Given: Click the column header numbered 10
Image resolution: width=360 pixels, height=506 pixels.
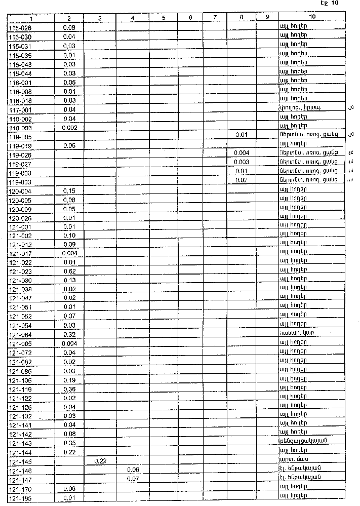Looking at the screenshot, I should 312,18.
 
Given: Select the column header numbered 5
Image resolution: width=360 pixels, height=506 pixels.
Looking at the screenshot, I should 164,18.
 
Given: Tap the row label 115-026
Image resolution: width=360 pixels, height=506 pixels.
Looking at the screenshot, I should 20,28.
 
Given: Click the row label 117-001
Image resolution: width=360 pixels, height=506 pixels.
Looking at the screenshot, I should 20,109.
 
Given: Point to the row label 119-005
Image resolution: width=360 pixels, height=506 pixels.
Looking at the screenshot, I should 20,137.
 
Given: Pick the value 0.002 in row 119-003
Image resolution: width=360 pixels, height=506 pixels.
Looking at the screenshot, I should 69,128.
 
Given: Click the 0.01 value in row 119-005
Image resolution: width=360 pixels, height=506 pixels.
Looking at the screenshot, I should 242,135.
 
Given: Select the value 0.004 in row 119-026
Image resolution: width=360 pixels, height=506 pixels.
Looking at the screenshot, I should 242,153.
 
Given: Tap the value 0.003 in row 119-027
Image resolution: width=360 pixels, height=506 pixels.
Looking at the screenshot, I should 242,162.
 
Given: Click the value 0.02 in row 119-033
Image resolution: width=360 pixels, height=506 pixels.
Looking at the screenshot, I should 242,180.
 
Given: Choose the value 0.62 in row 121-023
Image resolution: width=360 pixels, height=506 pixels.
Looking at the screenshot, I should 69,271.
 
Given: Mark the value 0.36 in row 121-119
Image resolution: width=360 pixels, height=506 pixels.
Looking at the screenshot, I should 69,389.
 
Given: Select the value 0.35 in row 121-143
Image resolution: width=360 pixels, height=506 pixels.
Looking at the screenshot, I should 69,443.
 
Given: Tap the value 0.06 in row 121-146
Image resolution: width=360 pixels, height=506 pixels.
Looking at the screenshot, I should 133,470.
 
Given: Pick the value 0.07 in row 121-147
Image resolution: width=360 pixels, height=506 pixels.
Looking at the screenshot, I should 133,479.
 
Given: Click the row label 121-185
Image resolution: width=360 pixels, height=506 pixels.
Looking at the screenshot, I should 20,498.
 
